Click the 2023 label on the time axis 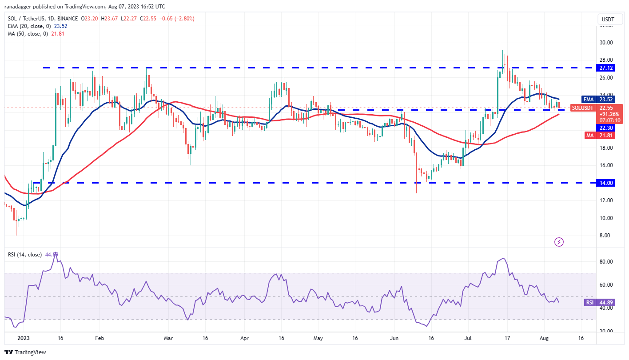(x=23, y=338)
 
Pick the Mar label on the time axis (x=168, y=338)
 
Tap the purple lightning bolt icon (x=559, y=242)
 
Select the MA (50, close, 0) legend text (x=26, y=34)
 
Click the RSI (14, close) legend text (x=25, y=255)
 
